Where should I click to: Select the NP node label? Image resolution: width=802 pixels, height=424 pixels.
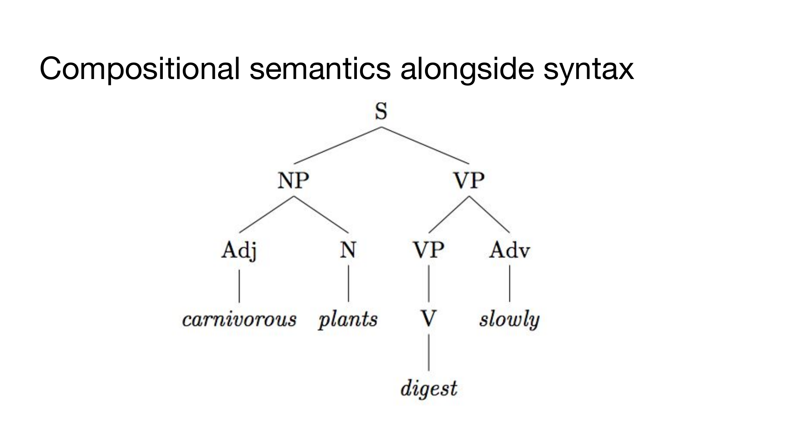[293, 181]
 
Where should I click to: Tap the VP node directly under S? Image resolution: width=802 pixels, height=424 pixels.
[469, 181]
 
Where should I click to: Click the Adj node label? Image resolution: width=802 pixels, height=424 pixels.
[239, 251]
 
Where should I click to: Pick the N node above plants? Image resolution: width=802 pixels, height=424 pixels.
[348, 250]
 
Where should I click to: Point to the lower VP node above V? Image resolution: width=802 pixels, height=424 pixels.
[429, 250]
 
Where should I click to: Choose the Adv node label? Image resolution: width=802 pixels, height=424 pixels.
[509, 250]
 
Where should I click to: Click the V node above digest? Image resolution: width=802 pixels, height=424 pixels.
[429, 319]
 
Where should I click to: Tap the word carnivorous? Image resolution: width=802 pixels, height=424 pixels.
[239, 320]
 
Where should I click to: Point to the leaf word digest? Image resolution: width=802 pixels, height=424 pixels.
[429, 388]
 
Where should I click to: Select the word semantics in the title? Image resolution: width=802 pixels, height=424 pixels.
[320, 69]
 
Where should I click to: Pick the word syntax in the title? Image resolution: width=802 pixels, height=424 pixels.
[588, 69]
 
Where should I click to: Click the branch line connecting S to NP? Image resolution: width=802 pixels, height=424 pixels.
[337, 145]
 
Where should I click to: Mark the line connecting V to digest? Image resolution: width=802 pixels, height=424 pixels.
[429, 353]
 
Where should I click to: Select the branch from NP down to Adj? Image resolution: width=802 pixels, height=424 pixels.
[266, 214]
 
